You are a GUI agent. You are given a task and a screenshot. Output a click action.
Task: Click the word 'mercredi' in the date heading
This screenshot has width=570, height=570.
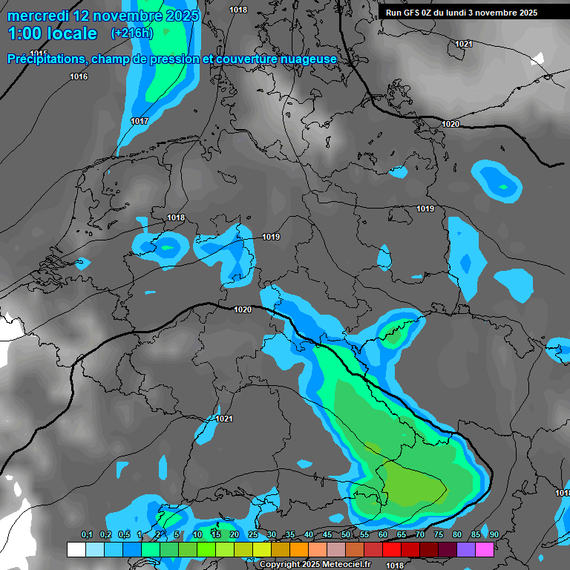point(39,16)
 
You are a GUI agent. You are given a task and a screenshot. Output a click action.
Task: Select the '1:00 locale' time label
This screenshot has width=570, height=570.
point(52,33)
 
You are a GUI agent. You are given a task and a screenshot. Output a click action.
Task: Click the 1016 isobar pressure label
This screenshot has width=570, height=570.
point(79,77)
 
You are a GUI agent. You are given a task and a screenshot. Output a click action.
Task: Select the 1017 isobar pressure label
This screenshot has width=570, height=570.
point(140,121)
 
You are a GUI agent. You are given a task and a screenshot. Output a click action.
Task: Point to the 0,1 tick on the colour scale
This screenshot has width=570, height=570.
point(86,534)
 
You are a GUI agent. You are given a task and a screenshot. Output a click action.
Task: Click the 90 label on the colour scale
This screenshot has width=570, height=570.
point(494,534)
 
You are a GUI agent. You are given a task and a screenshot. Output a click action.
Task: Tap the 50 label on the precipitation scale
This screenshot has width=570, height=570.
point(346,534)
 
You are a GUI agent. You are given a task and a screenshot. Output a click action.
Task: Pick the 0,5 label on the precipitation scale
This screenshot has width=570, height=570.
point(123,534)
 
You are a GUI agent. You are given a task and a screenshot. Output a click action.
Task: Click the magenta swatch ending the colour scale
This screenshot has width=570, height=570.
point(485,548)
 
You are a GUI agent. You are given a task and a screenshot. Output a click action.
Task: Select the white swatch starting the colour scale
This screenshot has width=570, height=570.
point(76,548)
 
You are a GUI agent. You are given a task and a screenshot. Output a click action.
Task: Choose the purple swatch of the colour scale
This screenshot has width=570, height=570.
point(466,548)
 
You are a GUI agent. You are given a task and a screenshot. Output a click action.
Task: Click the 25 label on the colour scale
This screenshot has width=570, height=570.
point(253,534)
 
